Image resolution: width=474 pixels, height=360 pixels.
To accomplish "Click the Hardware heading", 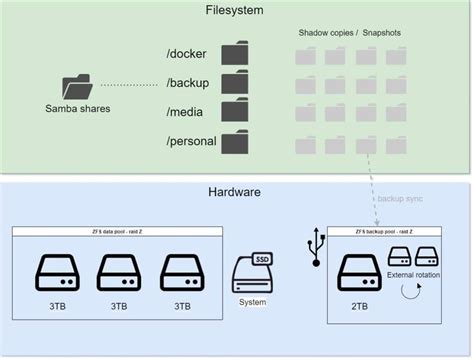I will pos(236,192).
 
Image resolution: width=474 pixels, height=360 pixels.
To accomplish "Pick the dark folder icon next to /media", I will pos(235,112).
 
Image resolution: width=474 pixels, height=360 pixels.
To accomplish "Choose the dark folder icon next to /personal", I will pos(235,142).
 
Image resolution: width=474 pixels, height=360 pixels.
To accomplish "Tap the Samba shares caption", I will pos(76,108).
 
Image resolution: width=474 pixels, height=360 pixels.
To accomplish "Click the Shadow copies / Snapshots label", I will pos(349,33).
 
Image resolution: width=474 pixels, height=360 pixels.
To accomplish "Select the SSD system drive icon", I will pos(252,272).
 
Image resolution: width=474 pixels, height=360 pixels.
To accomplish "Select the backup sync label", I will pos(400,198).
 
